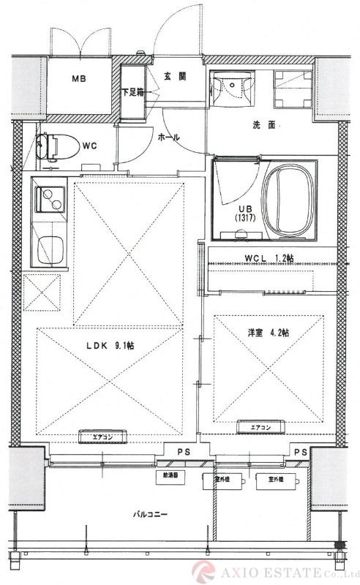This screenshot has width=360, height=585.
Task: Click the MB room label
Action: pos(78,79)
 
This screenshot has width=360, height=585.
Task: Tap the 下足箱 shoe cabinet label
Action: pos(132,92)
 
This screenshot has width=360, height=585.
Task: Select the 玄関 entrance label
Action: pos(174,77)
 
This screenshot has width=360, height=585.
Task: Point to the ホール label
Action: pos(169,137)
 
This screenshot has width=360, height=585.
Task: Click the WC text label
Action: pos(90,146)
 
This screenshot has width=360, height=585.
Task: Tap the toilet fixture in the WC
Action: pos(50,146)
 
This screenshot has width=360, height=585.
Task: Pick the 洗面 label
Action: pos(266,125)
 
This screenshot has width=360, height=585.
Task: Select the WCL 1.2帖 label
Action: pos(269,257)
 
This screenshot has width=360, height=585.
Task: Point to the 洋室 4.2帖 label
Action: pos(268,332)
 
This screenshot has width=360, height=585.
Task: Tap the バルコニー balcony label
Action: pos(150,514)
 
